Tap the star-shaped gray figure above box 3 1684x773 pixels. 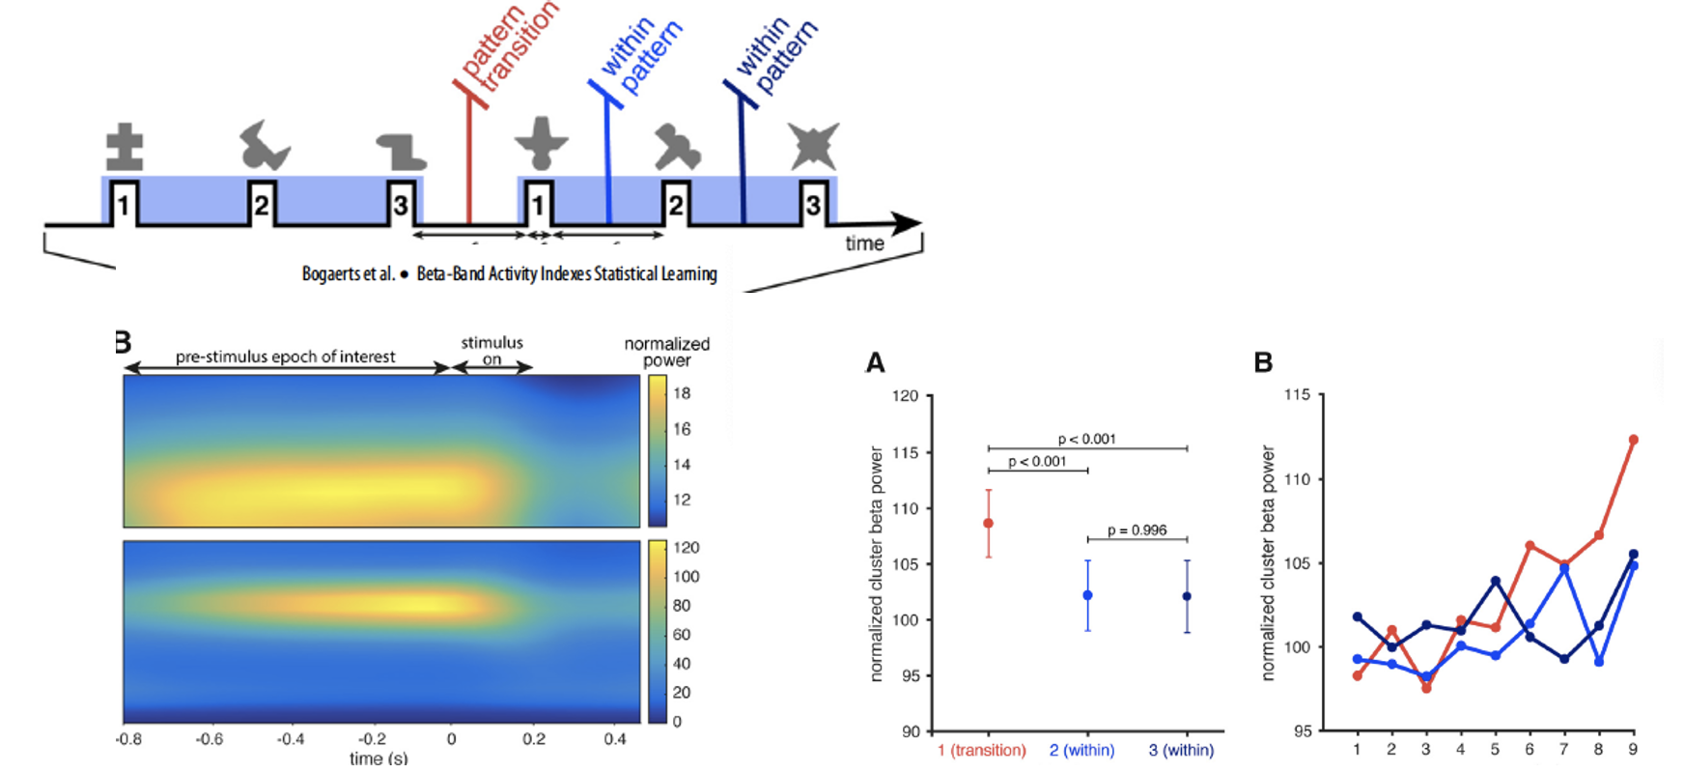coord(813,146)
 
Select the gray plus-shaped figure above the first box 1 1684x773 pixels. coord(125,147)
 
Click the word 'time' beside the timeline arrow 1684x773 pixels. coord(864,243)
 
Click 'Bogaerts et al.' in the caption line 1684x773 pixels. coord(348,274)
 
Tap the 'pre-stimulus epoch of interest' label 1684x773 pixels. coord(285,357)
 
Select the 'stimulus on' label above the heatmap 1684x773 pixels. coord(491,351)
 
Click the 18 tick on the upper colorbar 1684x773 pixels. coord(682,393)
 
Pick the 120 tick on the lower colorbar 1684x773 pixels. coord(686,548)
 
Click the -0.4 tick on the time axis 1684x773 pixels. coord(291,739)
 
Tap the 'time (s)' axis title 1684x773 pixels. coord(378,759)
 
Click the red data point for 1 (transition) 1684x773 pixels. coord(988,524)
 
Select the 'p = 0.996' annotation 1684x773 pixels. coord(1137,530)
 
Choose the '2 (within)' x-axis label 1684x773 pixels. coord(1081,750)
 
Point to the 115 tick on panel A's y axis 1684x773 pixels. coord(905,452)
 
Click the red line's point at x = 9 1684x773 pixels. coord(1633,440)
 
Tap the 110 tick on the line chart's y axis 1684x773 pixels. coord(1297,479)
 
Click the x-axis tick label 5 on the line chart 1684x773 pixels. coord(1495,749)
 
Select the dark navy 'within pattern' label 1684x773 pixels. coord(776,56)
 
